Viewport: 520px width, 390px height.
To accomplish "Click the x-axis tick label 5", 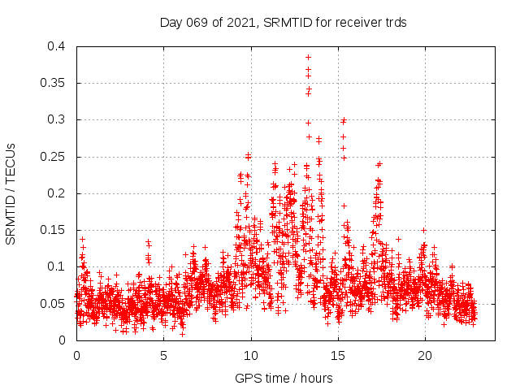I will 163,355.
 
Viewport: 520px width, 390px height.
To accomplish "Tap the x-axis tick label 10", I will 251,355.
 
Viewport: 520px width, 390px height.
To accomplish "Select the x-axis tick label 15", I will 338,355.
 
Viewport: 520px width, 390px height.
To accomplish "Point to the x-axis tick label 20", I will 425,355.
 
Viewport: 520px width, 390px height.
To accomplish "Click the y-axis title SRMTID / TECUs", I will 11,193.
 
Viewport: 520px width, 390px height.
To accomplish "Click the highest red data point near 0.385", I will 308,58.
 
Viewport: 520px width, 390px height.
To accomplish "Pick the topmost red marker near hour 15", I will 344,121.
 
